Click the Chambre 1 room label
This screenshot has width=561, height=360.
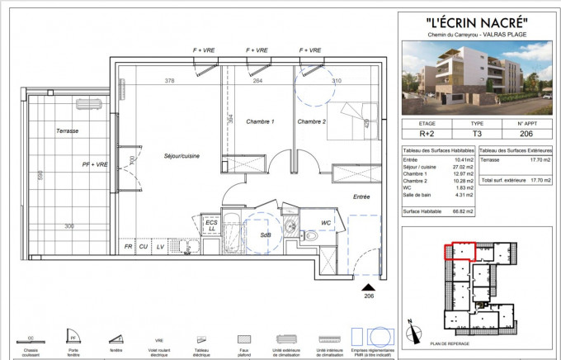(x=260, y=122)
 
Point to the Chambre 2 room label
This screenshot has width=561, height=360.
(x=311, y=122)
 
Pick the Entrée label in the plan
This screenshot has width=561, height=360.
(x=361, y=197)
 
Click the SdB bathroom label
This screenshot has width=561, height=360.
(x=265, y=234)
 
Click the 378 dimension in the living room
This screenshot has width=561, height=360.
(x=169, y=81)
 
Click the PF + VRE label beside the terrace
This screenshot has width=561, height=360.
(x=95, y=164)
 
